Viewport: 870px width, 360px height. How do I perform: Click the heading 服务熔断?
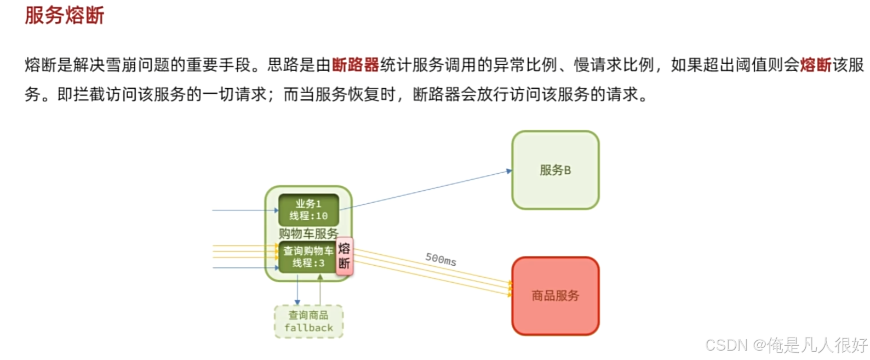[65, 15]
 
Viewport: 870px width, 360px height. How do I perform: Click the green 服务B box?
[555, 170]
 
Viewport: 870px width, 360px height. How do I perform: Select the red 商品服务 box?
[555, 296]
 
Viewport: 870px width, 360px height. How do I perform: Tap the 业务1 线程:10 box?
[308, 210]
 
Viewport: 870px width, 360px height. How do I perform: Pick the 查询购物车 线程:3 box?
[308, 257]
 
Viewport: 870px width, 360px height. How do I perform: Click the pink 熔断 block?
[344, 256]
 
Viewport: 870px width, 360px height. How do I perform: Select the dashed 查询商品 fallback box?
[308, 322]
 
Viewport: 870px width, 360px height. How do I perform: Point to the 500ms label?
[441, 259]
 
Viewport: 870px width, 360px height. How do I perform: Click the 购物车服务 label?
[308, 233]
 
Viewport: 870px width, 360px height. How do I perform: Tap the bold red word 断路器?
[356, 65]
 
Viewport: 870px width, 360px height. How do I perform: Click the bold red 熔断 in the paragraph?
[815, 65]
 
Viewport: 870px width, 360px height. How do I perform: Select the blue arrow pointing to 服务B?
[427, 190]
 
